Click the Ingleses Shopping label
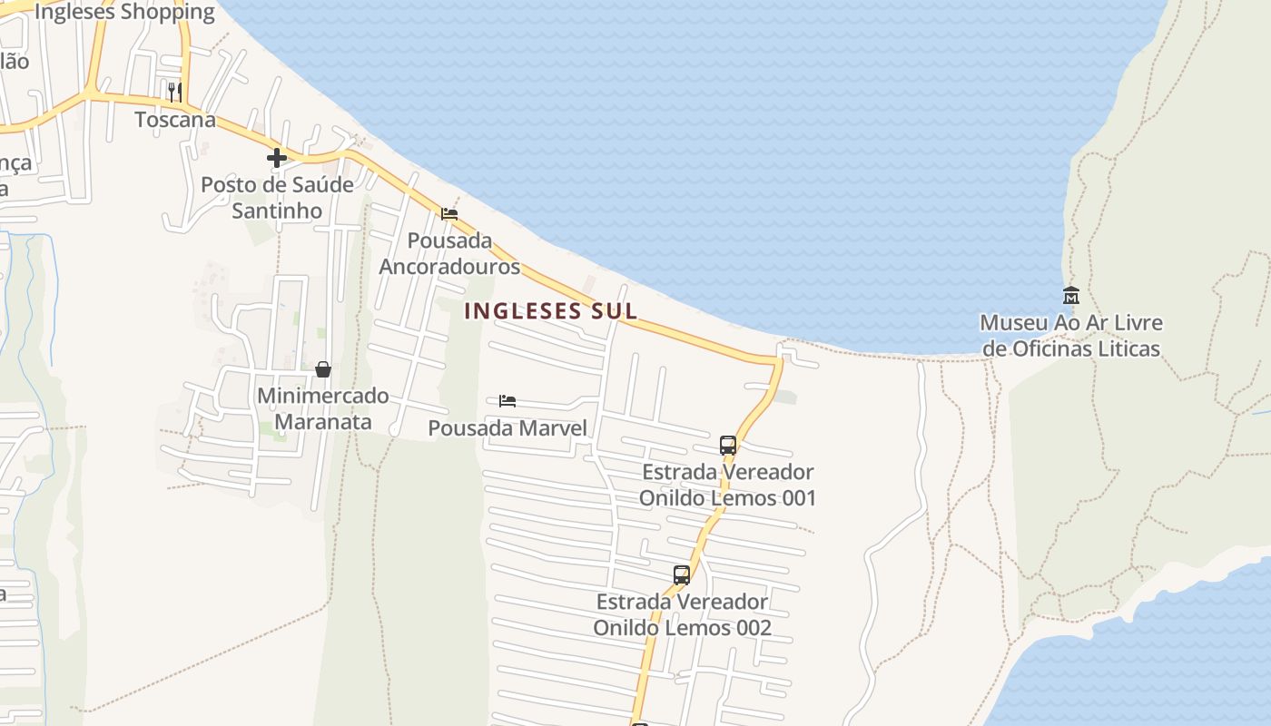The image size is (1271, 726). (x=124, y=13)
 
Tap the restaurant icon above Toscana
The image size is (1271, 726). (x=174, y=92)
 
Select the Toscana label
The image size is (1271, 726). (x=175, y=120)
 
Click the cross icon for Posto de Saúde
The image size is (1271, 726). (x=277, y=158)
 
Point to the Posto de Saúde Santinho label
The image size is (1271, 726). (x=277, y=197)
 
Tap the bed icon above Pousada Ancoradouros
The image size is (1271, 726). (x=449, y=214)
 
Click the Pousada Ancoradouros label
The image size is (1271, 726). (x=449, y=253)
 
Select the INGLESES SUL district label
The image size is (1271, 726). (x=550, y=310)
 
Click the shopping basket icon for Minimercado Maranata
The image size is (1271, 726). (x=322, y=369)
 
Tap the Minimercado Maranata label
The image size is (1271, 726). (x=322, y=408)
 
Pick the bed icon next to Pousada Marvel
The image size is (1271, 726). (x=507, y=400)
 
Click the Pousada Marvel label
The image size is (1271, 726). (x=507, y=427)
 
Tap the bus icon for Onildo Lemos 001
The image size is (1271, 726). (x=728, y=445)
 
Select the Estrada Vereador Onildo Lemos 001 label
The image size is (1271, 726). (x=727, y=485)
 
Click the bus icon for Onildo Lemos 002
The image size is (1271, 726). (x=682, y=574)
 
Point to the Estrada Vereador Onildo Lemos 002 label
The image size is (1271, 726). (x=682, y=614)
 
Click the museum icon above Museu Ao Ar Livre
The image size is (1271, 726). (x=1071, y=296)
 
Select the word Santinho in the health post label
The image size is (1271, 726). (x=277, y=211)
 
